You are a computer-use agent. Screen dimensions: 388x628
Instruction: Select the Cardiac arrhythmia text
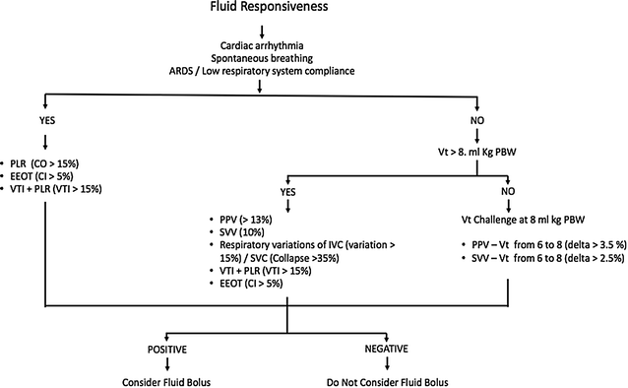pyautogui.click(x=259, y=46)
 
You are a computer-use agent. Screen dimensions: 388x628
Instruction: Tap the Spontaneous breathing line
pyautogui.click(x=259, y=59)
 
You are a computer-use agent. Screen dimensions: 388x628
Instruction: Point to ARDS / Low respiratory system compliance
pyautogui.click(x=259, y=72)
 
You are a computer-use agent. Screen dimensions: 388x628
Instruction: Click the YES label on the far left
pyautogui.click(x=47, y=121)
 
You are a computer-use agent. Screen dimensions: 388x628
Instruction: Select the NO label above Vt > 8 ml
pyautogui.click(x=479, y=121)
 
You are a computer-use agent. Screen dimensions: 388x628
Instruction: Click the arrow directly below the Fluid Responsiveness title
pyautogui.click(x=259, y=30)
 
